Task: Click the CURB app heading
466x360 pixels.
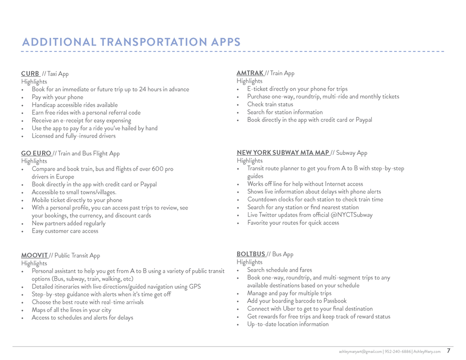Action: tap(30, 74)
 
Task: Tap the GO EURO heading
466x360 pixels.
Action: tap(36, 153)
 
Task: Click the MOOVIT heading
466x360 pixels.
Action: tap(34, 255)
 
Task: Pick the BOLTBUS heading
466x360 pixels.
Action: tap(250, 254)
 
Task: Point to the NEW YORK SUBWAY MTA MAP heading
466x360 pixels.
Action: tap(283, 153)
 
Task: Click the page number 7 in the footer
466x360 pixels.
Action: tap(449, 351)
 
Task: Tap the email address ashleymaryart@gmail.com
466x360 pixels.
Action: tap(360, 351)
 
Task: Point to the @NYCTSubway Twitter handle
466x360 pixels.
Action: tap(352, 215)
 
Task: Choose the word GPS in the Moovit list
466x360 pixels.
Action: tap(195, 287)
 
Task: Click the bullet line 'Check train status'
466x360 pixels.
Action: tap(270, 104)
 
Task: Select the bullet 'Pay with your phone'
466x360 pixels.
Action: tap(57, 97)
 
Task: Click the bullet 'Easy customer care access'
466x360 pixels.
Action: tap(65, 231)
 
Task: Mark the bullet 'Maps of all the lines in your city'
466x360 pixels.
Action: tap(71, 310)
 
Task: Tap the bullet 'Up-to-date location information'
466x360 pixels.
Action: tap(288, 324)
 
